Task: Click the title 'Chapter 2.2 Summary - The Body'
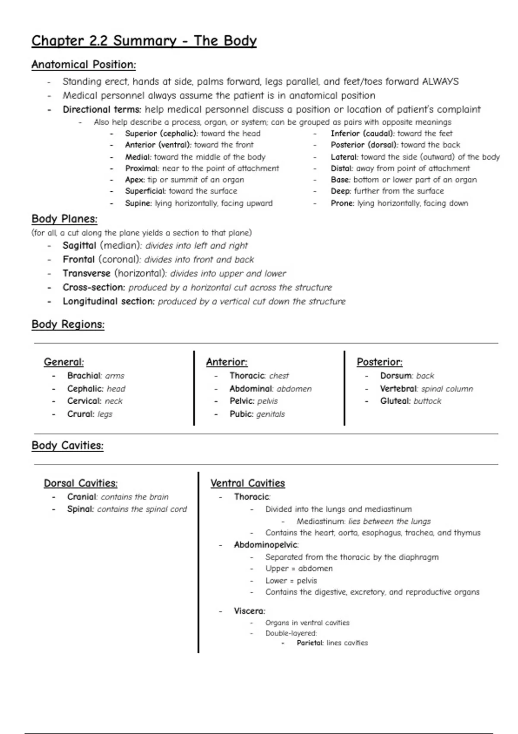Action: pyautogui.click(x=144, y=41)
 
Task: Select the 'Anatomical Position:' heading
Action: pyautogui.click(x=83, y=65)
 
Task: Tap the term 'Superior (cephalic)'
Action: pyautogui.click(x=161, y=134)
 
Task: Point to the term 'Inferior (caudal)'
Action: pyautogui.click(x=362, y=134)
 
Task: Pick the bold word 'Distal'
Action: pyautogui.click(x=341, y=168)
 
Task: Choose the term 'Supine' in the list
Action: pyautogui.click(x=138, y=203)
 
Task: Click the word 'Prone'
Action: pyautogui.click(x=342, y=203)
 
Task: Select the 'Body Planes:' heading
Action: pyautogui.click(x=64, y=219)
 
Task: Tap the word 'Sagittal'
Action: pyautogui.click(x=79, y=246)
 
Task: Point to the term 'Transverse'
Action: pyautogui.click(x=86, y=273)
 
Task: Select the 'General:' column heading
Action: pyautogui.click(x=64, y=362)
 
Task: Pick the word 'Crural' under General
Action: pyautogui.click(x=80, y=414)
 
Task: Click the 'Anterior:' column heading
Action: pyautogui.click(x=227, y=362)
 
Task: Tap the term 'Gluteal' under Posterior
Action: pyautogui.click(x=395, y=401)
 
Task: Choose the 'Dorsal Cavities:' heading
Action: pyautogui.click(x=80, y=483)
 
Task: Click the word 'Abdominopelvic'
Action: pyautogui.click(x=265, y=545)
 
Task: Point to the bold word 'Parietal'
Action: pyautogui.click(x=310, y=643)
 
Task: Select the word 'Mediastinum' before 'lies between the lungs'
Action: pyautogui.click(x=320, y=522)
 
